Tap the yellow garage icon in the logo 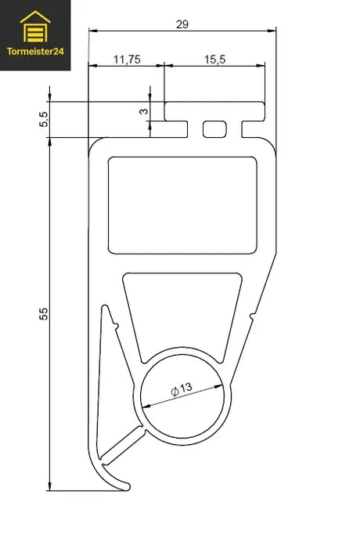click(35, 30)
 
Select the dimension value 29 click(182, 24)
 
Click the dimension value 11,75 click(127, 59)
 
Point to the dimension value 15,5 click(215, 59)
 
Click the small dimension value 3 click(144, 111)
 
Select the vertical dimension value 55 click(44, 314)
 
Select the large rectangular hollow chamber click(182, 204)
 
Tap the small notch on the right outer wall click(251, 316)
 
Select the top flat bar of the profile click(213, 109)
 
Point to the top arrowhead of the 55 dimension click(49, 144)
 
